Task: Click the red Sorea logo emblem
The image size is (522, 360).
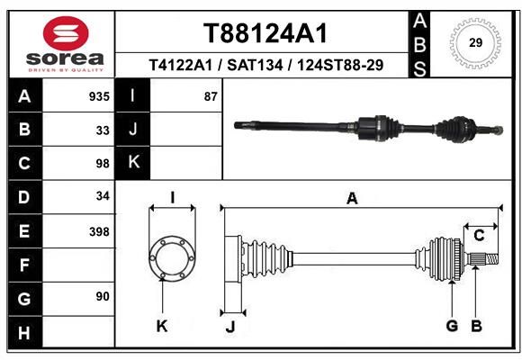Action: [66, 33]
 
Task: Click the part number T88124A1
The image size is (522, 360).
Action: [265, 33]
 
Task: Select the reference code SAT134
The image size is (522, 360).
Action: [255, 65]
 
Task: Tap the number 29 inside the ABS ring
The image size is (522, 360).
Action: [475, 42]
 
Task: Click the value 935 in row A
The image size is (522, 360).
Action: [99, 96]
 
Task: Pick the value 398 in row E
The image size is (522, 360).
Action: [99, 231]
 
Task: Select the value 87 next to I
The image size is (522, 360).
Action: [211, 96]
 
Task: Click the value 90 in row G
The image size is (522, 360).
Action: [103, 296]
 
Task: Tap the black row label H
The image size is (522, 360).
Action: [25, 332]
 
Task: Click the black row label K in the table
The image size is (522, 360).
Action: [133, 163]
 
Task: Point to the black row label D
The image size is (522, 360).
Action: [25, 197]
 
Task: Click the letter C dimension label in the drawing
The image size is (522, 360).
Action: [479, 236]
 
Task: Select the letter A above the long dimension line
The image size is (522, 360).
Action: [352, 199]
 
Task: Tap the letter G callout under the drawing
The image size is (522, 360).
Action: [452, 326]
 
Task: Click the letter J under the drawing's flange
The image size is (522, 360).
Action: [230, 327]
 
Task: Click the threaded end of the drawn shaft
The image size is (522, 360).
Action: [491, 259]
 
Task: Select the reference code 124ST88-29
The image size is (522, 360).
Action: [340, 65]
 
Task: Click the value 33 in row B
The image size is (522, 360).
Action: [103, 130]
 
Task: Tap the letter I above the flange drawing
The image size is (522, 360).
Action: [173, 198]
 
